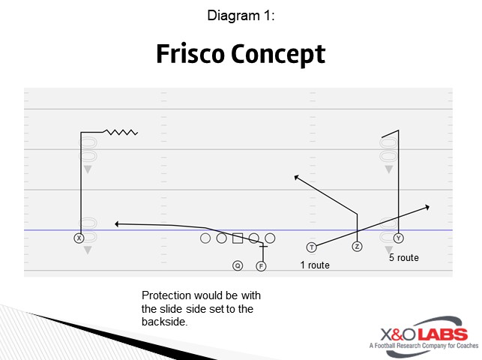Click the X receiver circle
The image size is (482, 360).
click(79, 238)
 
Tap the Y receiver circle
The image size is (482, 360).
click(398, 238)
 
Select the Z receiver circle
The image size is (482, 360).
click(357, 246)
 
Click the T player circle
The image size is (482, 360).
click(311, 247)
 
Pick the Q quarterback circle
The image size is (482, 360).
click(238, 265)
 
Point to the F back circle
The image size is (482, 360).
click(261, 265)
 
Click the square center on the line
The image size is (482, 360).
click(238, 238)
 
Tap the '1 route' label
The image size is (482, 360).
click(315, 265)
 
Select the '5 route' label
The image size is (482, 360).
click(403, 258)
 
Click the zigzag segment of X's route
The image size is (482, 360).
click(121, 133)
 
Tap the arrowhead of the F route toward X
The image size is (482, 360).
click(117, 223)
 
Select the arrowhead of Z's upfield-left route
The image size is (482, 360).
click(296, 177)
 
